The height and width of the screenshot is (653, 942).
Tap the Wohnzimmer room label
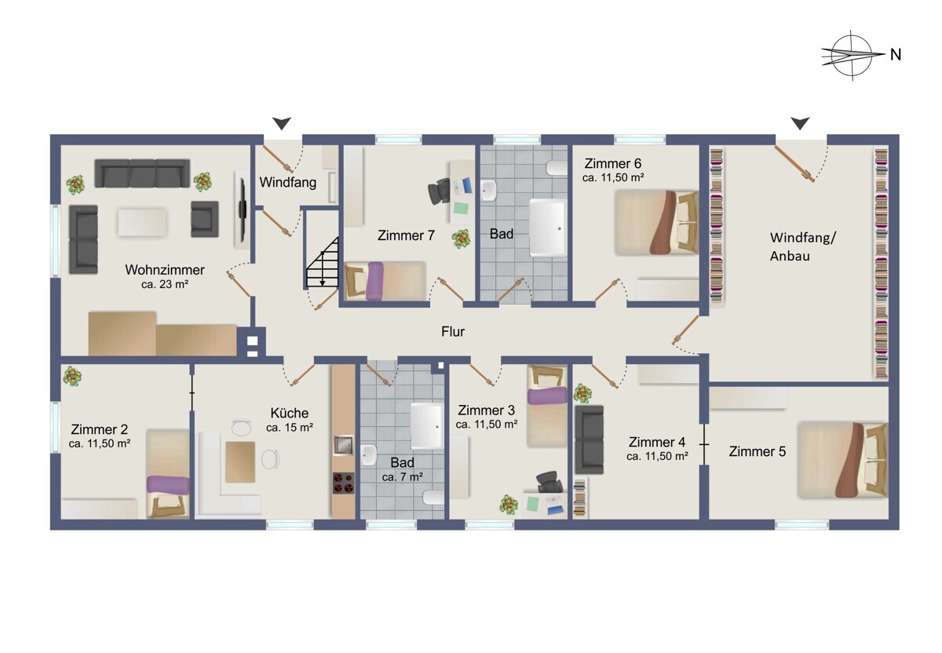(165, 269)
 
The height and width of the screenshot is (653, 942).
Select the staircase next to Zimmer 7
(323, 262)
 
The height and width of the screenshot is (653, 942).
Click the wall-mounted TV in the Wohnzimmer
(243, 209)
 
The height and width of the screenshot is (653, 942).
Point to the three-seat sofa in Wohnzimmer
(142, 173)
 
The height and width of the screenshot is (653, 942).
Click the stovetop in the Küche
(344, 483)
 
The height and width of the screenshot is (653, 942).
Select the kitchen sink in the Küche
(343, 445)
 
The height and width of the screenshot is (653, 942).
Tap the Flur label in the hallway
(453, 332)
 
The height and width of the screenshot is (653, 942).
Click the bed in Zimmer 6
(656, 222)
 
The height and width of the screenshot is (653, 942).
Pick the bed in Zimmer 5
(843, 460)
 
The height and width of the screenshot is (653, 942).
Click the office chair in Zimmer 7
(439, 191)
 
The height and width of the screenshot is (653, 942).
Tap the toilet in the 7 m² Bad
(433, 498)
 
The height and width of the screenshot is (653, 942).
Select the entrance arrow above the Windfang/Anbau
(800, 123)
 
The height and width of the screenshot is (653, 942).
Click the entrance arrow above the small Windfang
(281, 123)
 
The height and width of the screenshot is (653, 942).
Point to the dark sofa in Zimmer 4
(590, 440)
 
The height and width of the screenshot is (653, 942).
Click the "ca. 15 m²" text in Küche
(290, 428)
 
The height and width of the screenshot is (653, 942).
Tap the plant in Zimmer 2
(72, 375)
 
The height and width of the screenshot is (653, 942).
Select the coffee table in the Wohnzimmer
(142, 222)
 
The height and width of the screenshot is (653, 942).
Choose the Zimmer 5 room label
(757, 451)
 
